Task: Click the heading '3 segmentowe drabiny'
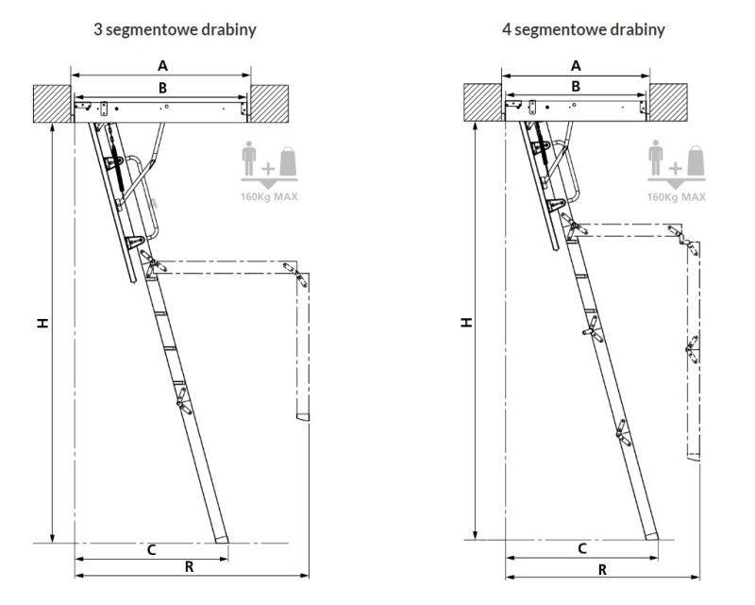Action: [x=175, y=30]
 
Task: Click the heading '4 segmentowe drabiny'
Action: [x=583, y=30]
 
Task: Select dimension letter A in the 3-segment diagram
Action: [x=162, y=65]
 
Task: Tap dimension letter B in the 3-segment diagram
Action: [x=162, y=88]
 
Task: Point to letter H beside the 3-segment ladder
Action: [x=43, y=323]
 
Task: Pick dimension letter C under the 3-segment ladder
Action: [x=151, y=550]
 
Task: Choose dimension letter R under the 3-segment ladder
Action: [x=190, y=567]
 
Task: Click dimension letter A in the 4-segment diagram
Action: [x=576, y=65]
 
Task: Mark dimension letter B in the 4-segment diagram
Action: [x=576, y=87]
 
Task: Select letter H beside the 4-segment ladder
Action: [x=466, y=323]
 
